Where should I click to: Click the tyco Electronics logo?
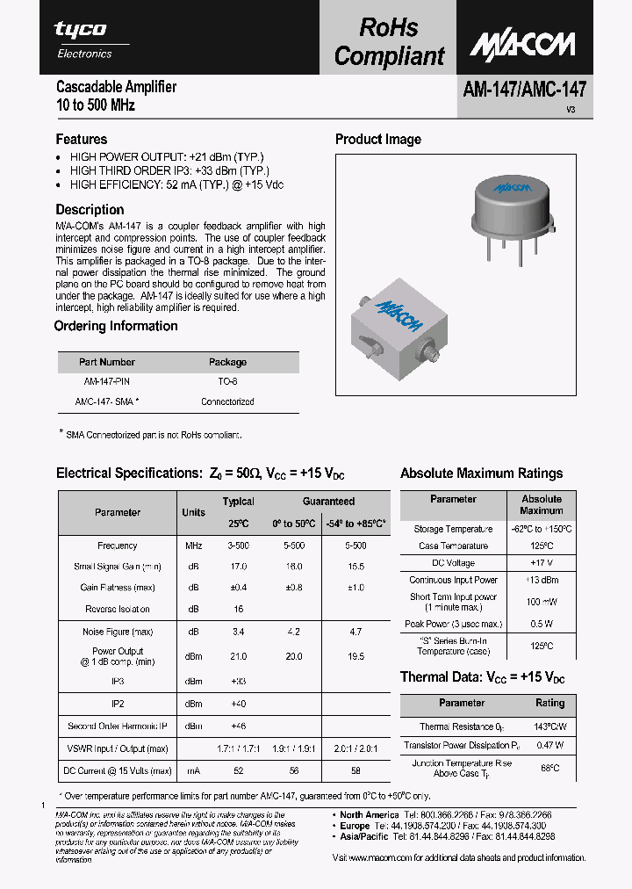click(x=84, y=40)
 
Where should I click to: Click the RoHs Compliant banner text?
click(x=389, y=41)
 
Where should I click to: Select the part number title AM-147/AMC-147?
click(x=525, y=88)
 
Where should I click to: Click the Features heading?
click(x=82, y=139)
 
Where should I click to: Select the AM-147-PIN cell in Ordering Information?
click(x=106, y=382)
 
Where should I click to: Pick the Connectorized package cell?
click(x=227, y=401)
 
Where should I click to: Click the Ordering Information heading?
click(x=116, y=326)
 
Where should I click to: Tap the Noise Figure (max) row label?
click(x=117, y=632)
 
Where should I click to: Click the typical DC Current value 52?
click(x=238, y=770)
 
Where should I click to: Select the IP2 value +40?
click(x=238, y=704)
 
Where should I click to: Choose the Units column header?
click(x=193, y=512)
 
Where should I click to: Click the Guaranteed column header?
click(x=328, y=502)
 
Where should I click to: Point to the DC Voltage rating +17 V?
click(x=541, y=562)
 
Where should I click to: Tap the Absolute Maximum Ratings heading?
click(x=481, y=473)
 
